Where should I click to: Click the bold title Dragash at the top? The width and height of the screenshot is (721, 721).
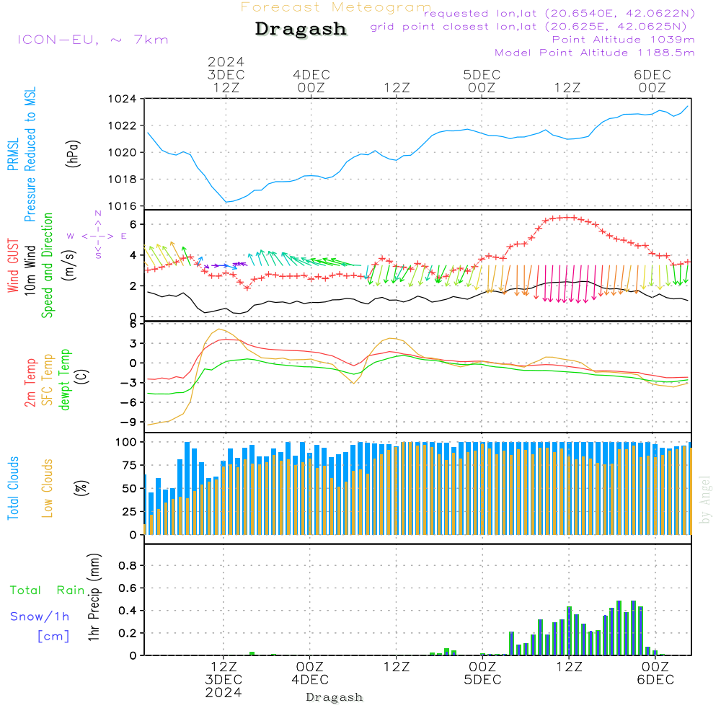(x=301, y=29)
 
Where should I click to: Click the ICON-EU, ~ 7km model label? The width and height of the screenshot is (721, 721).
(x=92, y=39)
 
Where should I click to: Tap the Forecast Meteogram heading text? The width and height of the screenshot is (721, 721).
(x=336, y=7)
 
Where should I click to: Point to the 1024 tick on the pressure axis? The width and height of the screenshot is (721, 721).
(x=122, y=99)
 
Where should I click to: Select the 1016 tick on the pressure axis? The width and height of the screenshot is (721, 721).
(x=122, y=206)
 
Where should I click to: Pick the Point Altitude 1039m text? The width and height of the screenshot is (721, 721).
(x=623, y=39)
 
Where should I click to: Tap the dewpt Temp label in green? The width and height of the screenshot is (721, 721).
(x=65, y=379)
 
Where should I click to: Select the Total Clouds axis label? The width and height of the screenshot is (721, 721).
(x=14, y=488)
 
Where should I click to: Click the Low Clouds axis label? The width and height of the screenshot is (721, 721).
(x=48, y=488)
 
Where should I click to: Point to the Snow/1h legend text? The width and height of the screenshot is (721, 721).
(x=40, y=616)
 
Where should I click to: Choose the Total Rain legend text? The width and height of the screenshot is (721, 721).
(x=47, y=590)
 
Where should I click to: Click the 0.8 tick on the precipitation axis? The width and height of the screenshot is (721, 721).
(x=127, y=566)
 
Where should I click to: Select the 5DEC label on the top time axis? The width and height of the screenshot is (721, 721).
(x=482, y=75)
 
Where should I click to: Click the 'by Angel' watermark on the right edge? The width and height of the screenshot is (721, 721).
(x=706, y=499)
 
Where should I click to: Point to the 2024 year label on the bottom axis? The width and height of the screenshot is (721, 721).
(x=224, y=693)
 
